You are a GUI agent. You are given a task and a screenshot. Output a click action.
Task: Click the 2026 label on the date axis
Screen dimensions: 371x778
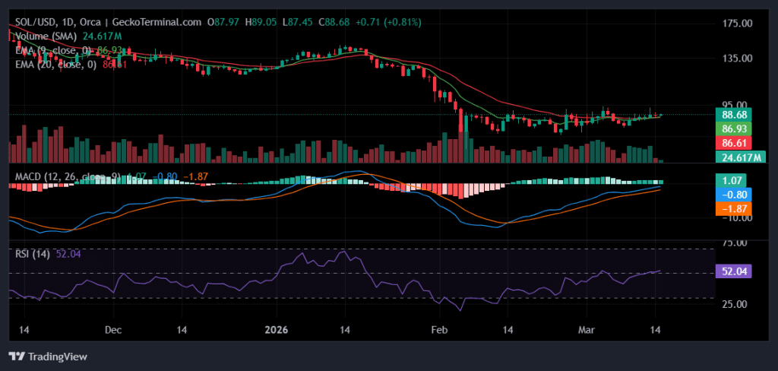(x=277, y=330)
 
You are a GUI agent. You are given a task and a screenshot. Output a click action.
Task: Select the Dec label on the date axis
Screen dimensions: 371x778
(x=113, y=330)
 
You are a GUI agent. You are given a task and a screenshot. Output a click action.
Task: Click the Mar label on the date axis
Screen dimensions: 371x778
(x=587, y=330)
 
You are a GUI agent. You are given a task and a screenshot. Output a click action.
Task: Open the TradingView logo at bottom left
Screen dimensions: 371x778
(x=48, y=356)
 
